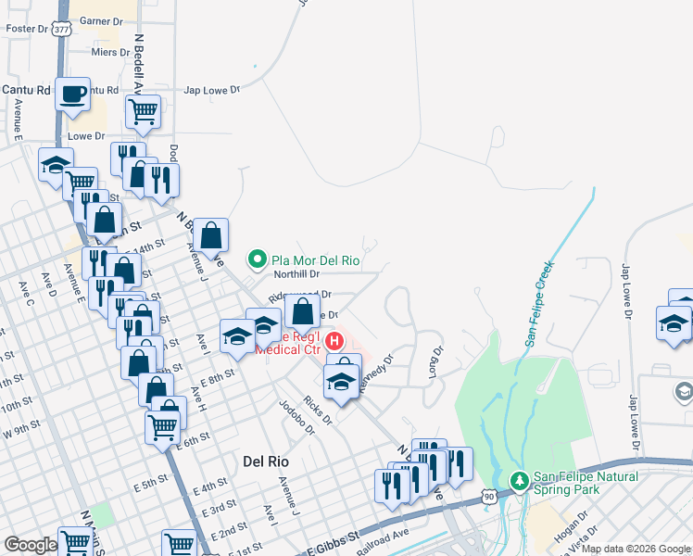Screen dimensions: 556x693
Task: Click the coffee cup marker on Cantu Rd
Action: click(x=72, y=94)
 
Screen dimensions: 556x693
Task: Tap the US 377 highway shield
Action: click(x=61, y=29)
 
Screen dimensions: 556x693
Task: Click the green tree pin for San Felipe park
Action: click(x=521, y=482)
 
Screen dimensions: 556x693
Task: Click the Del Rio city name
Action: click(x=268, y=461)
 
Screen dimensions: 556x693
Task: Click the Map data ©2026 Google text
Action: click(x=635, y=549)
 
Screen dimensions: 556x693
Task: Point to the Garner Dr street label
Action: click(x=102, y=20)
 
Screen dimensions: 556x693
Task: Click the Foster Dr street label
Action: click(x=27, y=29)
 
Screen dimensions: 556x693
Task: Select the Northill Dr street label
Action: click(x=296, y=274)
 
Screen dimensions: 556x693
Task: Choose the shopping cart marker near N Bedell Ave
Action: click(x=143, y=111)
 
